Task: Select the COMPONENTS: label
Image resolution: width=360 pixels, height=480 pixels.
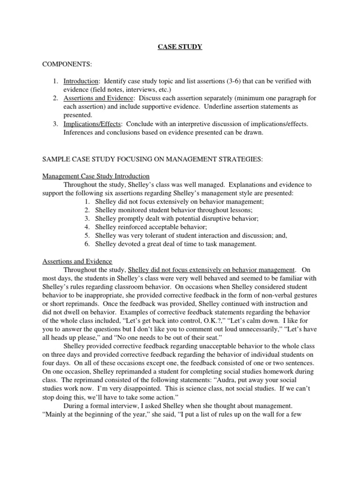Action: [x=65, y=63]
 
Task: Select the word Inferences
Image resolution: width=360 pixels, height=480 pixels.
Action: [x=79, y=132]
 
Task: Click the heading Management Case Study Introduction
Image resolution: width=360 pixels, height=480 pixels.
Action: [x=96, y=176]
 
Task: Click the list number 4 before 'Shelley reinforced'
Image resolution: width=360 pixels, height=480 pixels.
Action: [x=87, y=227]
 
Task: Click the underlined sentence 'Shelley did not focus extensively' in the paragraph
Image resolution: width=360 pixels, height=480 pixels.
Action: [x=211, y=270]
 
